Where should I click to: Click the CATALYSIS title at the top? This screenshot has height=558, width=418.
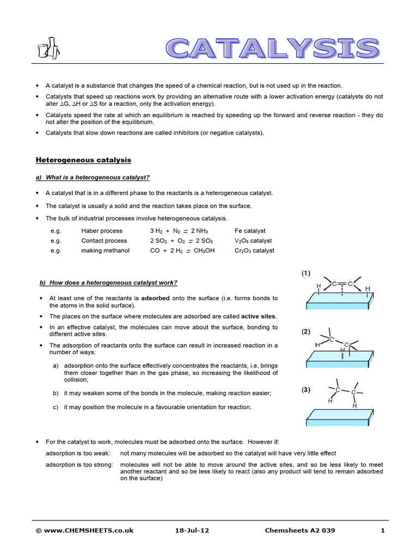point(272,48)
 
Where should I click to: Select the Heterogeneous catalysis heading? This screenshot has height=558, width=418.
point(83,160)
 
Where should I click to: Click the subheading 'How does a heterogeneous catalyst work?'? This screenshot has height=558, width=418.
point(108,282)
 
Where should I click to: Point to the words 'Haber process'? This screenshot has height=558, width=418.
point(101,231)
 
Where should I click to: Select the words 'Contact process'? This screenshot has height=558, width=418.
point(104,241)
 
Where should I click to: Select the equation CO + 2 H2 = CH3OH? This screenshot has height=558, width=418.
point(182,251)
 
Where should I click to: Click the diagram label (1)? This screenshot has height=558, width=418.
point(307,274)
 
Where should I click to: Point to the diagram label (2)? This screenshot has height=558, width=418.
point(307,331)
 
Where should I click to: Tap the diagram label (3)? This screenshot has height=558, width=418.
point(307,390)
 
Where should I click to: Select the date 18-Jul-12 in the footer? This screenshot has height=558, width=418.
point(190,530)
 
